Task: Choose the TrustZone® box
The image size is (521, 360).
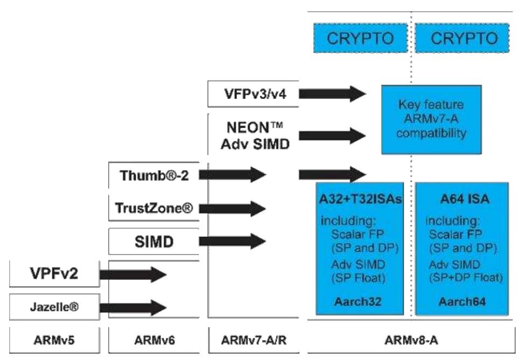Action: pos(154,208)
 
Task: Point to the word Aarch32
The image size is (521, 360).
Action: pos(358,302)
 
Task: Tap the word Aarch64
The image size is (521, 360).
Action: pos(461,302)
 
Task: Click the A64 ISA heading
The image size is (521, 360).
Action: pos(461,201)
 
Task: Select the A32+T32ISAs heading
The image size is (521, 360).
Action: pos(358,201)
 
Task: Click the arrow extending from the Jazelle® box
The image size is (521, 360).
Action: pos(137,307)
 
